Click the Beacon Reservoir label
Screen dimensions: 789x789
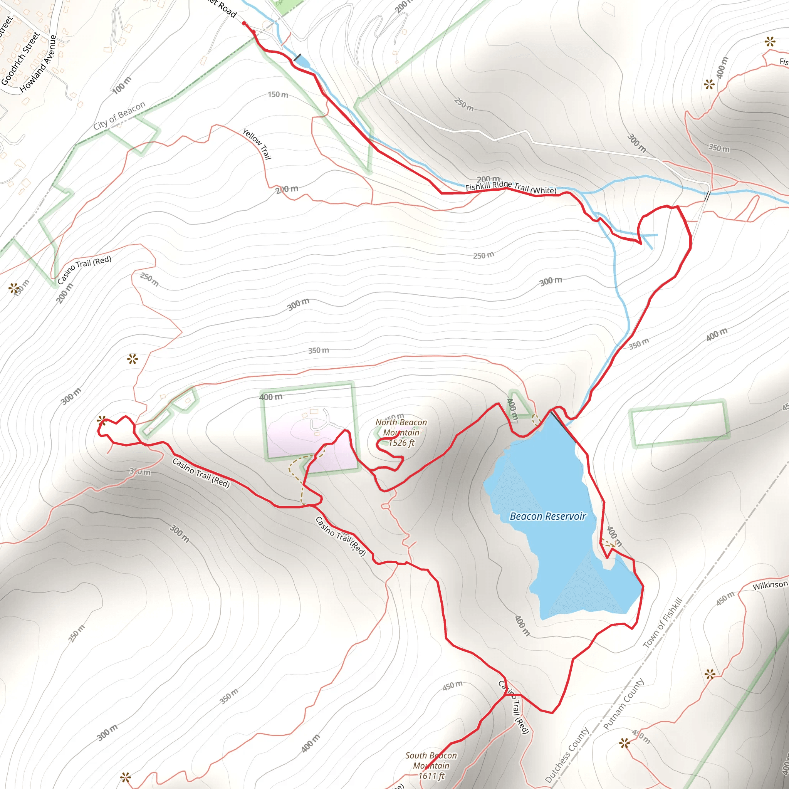pos(548,517)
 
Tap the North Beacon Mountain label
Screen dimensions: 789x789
pos(401,427)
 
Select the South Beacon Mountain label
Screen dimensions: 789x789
pos(431,760)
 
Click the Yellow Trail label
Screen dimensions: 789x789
pos(257,144)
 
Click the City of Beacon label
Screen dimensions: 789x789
pos(119,116)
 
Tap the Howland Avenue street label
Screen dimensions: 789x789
pos(38,64)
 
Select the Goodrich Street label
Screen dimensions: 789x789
pos(20,59)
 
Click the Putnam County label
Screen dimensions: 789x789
pos(623,705)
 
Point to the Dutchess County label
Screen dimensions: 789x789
pos(567,755)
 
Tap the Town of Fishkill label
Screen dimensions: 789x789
pos(662,623)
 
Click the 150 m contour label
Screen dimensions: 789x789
pos(278,95)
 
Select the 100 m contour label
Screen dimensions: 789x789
pos(122,85)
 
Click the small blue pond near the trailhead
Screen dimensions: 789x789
pos(302,62)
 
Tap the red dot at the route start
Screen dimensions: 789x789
pos(244,23)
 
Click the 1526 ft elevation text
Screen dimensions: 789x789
pos(401,443)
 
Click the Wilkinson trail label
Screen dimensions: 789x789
pos(770,585)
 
